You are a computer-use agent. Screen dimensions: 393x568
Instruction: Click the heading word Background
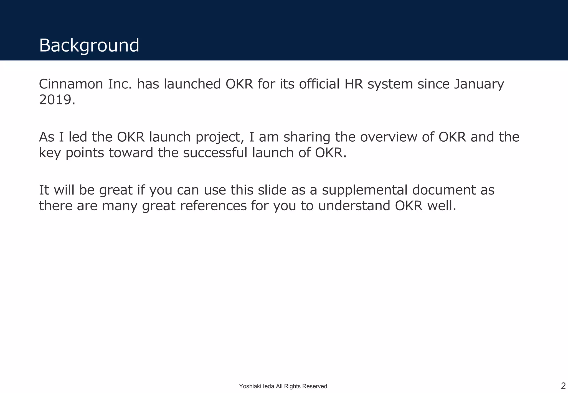pos(89,45)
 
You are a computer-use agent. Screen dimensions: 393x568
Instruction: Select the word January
pos(479,84)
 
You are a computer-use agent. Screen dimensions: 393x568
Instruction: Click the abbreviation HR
pos(354,84)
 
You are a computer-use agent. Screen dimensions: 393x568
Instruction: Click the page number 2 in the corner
pos(563,386)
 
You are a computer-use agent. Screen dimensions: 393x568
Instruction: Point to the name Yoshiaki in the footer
pos(248,386)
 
